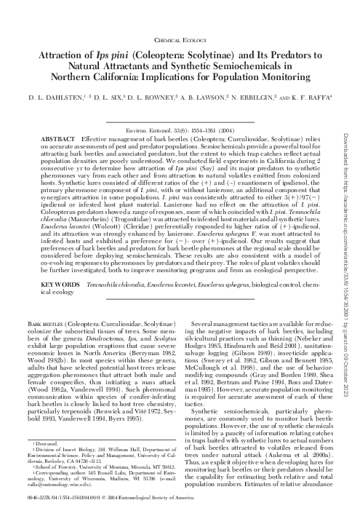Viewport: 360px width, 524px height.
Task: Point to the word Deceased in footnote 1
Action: click(x=49, y=462)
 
